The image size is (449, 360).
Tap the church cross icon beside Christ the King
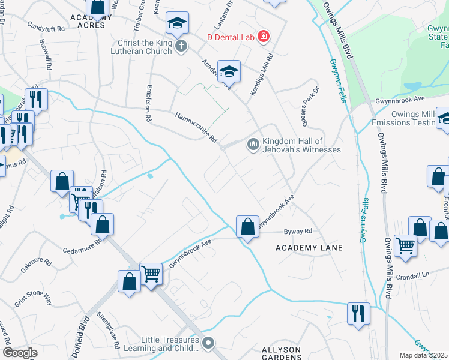pyautogui.click(x=181, y=46)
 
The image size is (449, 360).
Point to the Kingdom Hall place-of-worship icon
pyautogui.click(x=252, y=145)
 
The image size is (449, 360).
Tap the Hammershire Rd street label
pyautogui.click(x=196, y=127)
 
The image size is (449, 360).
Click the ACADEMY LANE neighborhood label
pyautogui.click(x=309, y=248)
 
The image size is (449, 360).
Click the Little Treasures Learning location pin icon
pyautogui.click(x=208, y=343)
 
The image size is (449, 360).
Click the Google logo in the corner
pyautogui.click(x=20, y=353)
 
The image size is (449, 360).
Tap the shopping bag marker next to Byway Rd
pyautogui.click(x=247, y=227)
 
